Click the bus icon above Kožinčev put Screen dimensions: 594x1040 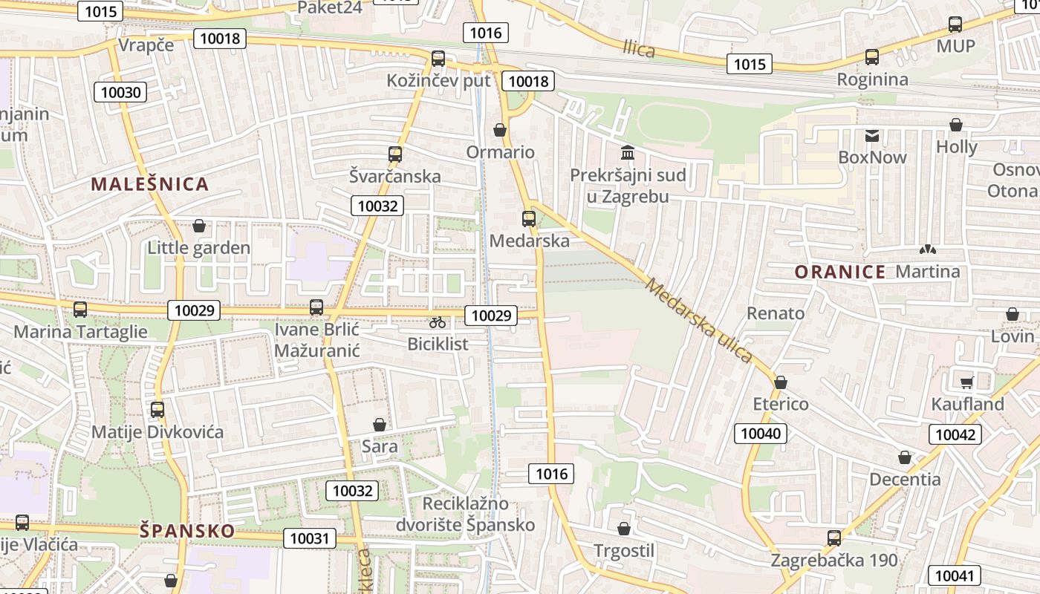coord(438,58)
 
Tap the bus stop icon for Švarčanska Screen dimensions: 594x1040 coord(394,154)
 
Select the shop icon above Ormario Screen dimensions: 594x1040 coord(500,130)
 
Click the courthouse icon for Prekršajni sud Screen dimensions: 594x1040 coord(628,153)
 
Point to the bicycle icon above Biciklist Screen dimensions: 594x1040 coord(438,322)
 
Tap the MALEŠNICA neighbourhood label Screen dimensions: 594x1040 coord(150,184)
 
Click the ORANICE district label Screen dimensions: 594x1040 coord(840,272)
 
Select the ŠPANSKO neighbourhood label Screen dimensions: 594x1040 coord(187,531)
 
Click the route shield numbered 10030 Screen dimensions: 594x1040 coord(120,92)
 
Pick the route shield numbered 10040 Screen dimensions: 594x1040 coord(761,433)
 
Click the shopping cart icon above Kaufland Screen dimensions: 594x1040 coord(966,382)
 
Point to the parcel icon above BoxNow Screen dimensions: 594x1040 coord(872,135)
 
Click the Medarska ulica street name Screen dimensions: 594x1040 coord(699,320)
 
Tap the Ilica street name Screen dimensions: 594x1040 coord(639,50)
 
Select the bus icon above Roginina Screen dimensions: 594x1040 coord(872,56)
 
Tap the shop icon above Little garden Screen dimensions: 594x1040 coord(198,226)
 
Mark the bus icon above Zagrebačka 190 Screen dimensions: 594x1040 coord(834,538)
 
